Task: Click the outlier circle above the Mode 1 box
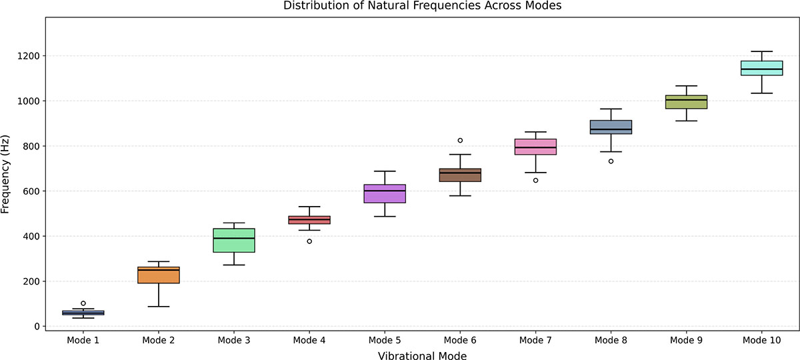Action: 83,303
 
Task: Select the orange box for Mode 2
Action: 159,275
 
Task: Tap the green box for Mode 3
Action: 234,241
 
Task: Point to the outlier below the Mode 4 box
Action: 309,241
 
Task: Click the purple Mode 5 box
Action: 385,193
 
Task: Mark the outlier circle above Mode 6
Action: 460,141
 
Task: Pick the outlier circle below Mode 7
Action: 536,181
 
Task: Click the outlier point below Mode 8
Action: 611,161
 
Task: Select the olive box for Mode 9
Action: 687,102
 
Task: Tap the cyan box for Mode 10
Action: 762,68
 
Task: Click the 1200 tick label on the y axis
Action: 29,56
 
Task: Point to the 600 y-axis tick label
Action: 31,191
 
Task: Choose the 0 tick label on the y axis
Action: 37,327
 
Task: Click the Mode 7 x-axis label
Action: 535,340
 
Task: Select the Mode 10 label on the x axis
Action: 762,340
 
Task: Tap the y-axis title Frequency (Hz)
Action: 5,174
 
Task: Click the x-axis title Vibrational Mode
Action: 422,356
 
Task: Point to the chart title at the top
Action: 422,5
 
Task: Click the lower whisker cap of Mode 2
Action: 159,307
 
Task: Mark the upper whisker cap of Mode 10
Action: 762,51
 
